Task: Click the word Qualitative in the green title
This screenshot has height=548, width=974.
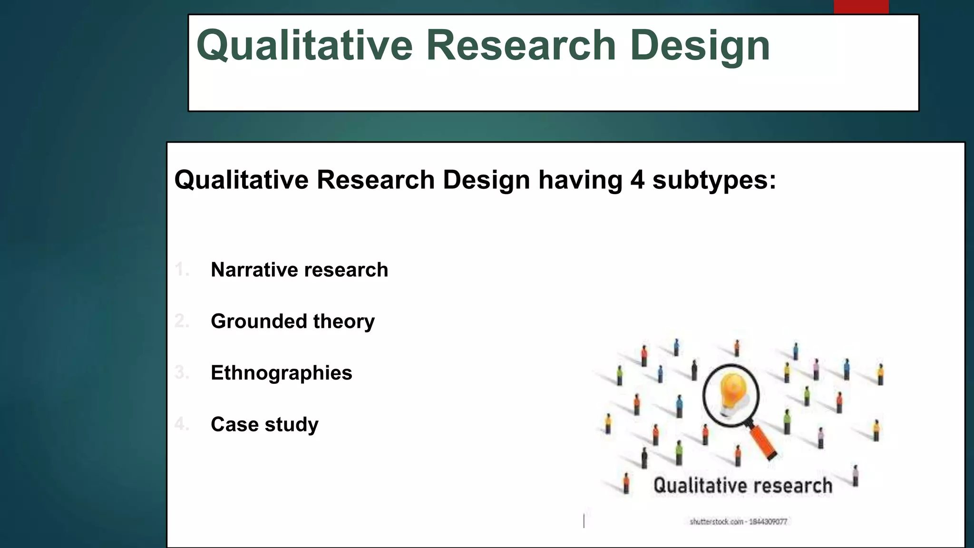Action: click(304, 46)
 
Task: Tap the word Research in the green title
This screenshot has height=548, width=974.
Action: click(521, 46)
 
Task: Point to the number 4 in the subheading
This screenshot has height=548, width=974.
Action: click(637, 180)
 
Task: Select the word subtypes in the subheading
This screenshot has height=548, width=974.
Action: click(713, 180)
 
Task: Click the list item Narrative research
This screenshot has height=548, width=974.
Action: click(299, 270)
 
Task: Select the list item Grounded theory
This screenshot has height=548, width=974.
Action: click(292, 321)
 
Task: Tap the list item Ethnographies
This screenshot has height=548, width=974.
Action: click(281, 372)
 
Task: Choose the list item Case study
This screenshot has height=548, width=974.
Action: click(264, 424)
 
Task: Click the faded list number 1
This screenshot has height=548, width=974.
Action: click(181, 270)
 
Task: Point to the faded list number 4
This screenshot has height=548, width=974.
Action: click(181, 424)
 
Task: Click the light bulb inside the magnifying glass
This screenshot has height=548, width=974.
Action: click(731, 390)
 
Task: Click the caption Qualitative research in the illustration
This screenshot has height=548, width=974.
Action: click(742, 486)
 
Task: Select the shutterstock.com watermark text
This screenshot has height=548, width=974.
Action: click(738, 522)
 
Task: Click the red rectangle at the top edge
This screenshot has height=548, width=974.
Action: click(861, 7)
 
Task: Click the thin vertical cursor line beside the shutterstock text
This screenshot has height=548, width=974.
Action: click(584, 520)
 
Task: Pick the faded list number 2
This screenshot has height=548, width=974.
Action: click(181, 321)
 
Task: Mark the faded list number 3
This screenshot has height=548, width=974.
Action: click(181, 372)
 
